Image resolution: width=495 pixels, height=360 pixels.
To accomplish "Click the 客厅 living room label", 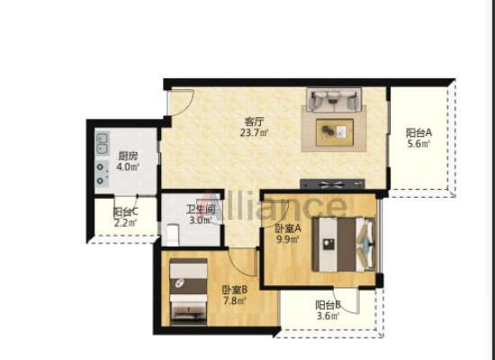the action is coord(255,121).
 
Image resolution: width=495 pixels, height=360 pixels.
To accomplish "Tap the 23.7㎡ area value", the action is coord(254,132).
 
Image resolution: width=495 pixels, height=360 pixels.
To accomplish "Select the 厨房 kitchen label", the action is coord(128,156).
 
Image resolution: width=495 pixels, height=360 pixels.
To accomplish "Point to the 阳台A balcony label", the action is coord(418,132).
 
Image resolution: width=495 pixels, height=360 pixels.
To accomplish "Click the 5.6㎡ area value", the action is coord(418,144).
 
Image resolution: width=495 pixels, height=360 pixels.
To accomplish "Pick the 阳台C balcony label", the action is coord(126,211).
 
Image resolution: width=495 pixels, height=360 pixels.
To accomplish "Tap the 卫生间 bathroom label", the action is coord(201,209).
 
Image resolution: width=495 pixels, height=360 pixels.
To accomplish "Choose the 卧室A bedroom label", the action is coord(288,228).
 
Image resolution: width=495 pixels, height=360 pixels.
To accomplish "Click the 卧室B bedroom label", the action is coord(234,289).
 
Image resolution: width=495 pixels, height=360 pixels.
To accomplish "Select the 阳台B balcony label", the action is coord(328,305).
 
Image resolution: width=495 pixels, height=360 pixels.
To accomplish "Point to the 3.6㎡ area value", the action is coord(328,316).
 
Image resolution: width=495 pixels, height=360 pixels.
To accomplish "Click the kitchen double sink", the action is coord(102,143).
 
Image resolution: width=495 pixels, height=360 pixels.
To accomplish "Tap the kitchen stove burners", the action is coord(102,174).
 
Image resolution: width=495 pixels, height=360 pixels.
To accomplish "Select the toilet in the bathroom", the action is coord(173,235).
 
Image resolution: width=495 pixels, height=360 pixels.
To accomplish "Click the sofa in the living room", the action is coord(334,100).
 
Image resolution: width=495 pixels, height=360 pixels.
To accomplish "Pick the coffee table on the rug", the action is coord(335,132).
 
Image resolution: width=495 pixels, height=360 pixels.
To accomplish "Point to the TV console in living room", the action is coord(332,184).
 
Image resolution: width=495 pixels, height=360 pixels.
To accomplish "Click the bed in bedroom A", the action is coord(344,245).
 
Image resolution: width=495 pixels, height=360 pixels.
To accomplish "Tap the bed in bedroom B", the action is coord(188,292).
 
